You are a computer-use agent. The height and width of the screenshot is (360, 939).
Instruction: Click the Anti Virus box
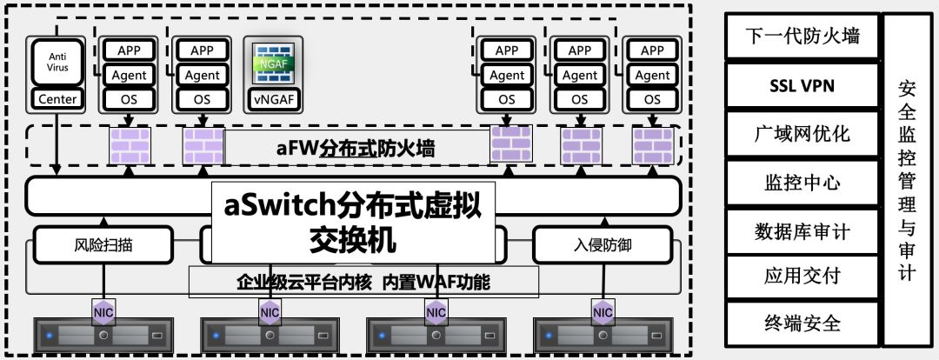[57, 62]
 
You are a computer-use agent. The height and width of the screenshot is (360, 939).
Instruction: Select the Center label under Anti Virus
[57, 99]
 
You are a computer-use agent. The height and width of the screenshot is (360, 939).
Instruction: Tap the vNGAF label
[273, 99]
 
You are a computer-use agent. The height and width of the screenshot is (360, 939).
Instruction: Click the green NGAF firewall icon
[273, 63]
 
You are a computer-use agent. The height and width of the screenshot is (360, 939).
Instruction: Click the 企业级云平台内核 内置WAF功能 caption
[364, 283]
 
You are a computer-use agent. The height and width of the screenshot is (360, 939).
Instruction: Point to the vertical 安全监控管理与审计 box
[907, 181]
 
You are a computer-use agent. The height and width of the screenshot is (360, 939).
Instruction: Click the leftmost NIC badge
[103, 310]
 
